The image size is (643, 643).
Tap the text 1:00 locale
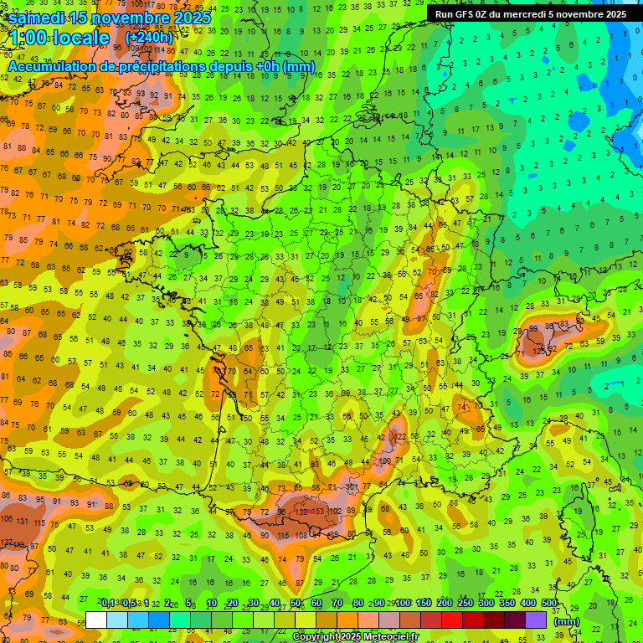(59, 39)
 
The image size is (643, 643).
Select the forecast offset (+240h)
(149, 38)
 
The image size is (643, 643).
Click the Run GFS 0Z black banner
(530, 13)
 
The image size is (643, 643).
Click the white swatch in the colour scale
(96, 620)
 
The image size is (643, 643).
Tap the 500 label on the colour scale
(549, 603)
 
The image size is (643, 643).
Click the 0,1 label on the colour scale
(108, 603)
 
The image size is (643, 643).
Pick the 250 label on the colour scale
(465, 603)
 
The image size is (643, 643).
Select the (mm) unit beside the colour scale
(567, 622)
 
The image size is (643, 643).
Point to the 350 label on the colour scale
(507, 603)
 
